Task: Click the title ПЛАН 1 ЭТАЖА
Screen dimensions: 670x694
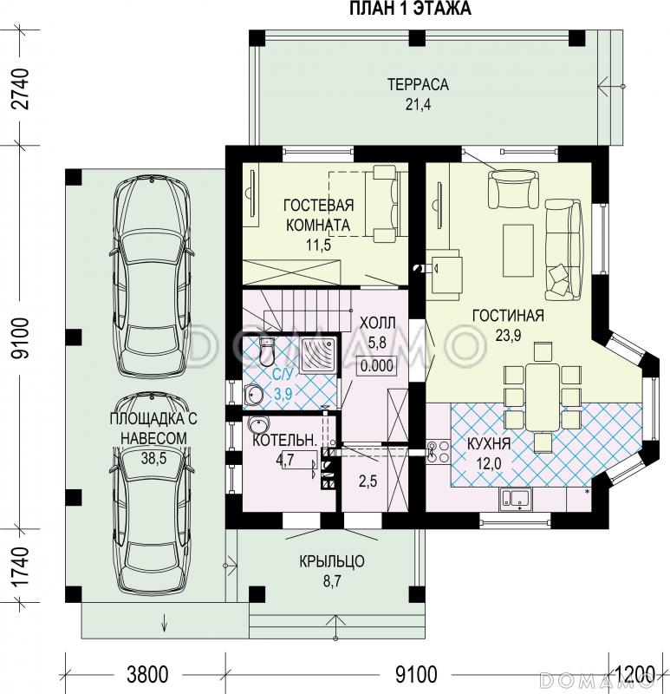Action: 410,9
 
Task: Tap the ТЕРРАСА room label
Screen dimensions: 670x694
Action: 418,84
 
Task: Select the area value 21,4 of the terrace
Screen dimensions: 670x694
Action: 418,104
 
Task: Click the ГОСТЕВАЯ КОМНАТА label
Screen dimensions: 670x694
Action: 318,214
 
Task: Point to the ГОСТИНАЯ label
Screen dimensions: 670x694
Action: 508,315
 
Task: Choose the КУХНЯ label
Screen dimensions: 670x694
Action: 489,443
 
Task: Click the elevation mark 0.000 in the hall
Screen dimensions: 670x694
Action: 377,366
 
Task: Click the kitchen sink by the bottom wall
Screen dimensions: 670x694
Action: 516,500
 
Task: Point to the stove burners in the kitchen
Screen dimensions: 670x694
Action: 437,452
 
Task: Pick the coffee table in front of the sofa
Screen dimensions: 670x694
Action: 517,250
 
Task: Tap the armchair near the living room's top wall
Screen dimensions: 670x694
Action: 513,190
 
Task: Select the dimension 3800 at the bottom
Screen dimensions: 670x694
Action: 147,675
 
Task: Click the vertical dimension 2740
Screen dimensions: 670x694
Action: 22,88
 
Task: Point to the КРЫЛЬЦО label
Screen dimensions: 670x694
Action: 332,561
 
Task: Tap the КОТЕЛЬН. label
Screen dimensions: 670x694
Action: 285,440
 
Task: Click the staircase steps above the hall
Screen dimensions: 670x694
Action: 305,310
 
